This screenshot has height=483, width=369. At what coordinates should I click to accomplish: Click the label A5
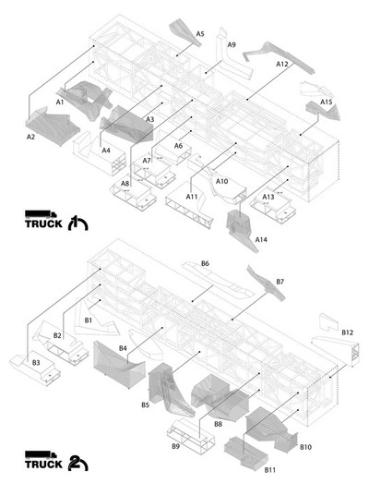200,33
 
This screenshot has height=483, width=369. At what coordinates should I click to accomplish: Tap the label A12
282,64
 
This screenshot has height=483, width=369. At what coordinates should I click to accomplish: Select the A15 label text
327,102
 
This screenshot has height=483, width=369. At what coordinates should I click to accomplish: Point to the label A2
30,137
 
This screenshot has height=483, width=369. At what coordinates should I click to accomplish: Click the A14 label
261,239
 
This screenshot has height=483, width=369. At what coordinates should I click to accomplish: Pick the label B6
206,263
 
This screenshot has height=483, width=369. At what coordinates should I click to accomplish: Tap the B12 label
348,332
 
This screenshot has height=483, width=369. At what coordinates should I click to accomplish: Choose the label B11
270,470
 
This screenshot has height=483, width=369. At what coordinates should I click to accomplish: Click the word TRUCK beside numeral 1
43,223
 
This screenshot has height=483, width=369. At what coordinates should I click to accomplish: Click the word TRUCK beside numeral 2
43,465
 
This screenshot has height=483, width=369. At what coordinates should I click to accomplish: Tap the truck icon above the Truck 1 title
41,214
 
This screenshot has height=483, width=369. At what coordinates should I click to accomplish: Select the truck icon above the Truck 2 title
41,454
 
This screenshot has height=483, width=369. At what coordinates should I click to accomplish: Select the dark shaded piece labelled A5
184,32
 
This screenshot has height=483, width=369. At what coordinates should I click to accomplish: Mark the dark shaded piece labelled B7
266,284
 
